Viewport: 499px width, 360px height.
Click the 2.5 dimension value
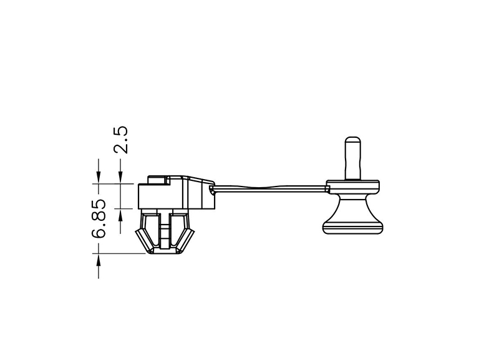pyautogui.click(x=121, y=140)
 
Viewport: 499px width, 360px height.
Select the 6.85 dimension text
pyautogui.click(x=99, y=219)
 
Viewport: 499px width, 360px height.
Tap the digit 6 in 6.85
pyautogui.click(x=99, y=232)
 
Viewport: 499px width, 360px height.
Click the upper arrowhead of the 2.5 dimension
pyautogui.click(x=120, y=178)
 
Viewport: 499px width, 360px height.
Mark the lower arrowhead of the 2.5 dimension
pyautogui.click(x=120, y=215)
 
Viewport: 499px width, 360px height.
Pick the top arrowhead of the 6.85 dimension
pyautogui.click(x=99, y=178)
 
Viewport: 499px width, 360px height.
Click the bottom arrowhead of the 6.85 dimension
pyautogui.click(x=99, y=260)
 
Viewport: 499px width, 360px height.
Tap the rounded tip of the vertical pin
pyautogui.click(x=353, y=139)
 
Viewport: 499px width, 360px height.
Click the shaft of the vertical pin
pyautogui.click(x=353, y=159)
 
